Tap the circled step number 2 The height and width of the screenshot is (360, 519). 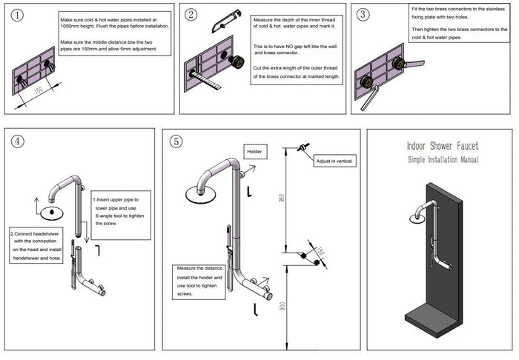(x=191, y=15)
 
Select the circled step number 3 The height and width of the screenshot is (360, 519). (x=363, y=14)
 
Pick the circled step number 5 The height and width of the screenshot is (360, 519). (x=176, y=141)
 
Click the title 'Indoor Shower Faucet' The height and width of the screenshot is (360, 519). (x=443, y=147)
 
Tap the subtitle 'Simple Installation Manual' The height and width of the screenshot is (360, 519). (x=443, y=159)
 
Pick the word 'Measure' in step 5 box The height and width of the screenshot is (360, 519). (x=188, y=270)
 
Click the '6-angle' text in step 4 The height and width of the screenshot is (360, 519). (x=105, y=216)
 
